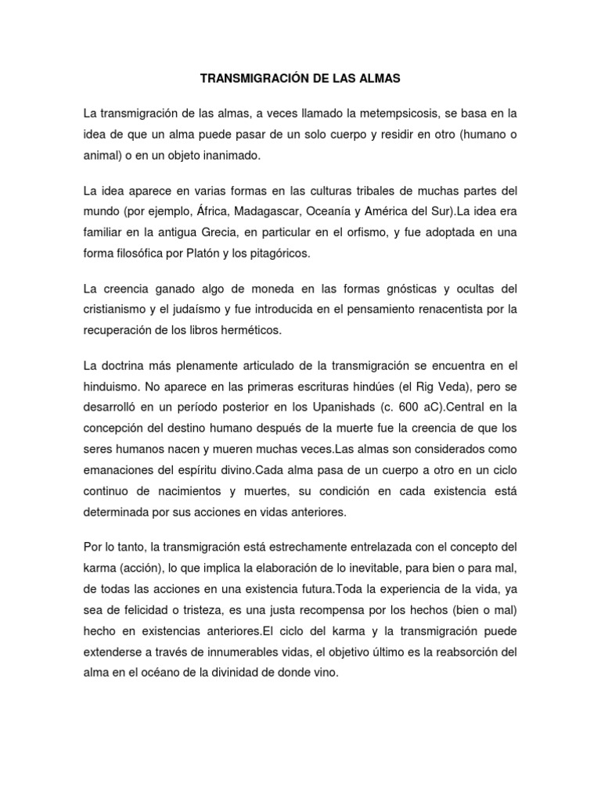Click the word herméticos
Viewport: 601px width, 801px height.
[x=244, y=329]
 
